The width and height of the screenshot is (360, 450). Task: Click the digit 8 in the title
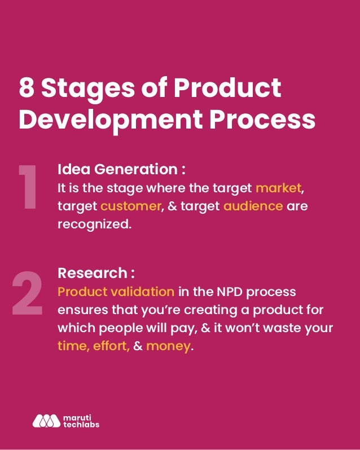[27, 89]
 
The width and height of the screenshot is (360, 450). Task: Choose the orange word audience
[253, 206]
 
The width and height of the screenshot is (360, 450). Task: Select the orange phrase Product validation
[116, 292]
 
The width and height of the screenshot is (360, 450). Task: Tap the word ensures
[80, 310]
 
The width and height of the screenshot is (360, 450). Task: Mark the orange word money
[168, 346]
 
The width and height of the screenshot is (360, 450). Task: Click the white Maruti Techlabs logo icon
[46, 421]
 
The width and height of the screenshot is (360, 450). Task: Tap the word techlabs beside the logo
[80, 424]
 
